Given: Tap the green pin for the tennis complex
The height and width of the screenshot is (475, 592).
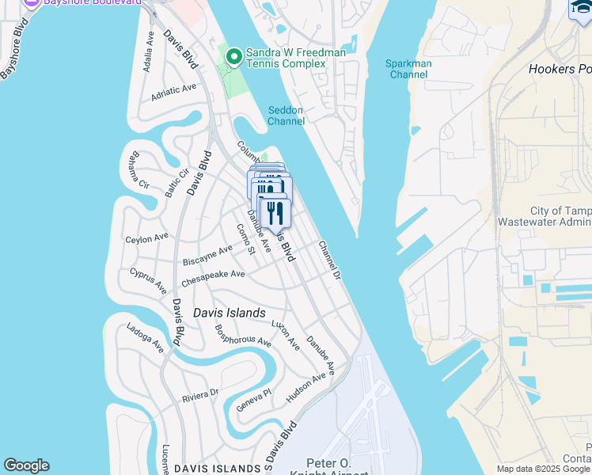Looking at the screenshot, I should pos(233,57).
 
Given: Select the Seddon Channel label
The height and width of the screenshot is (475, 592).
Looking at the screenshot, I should pos(286,116).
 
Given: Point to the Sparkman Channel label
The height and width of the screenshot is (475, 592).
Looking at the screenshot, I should pos(408,69).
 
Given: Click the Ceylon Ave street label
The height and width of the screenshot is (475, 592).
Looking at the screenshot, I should pos(147,237).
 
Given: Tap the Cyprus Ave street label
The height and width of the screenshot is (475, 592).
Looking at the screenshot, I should pos(149,279).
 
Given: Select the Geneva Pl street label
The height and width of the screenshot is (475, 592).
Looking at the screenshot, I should pos(253,400).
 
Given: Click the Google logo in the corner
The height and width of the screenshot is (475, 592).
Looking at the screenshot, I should pos(26,465).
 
